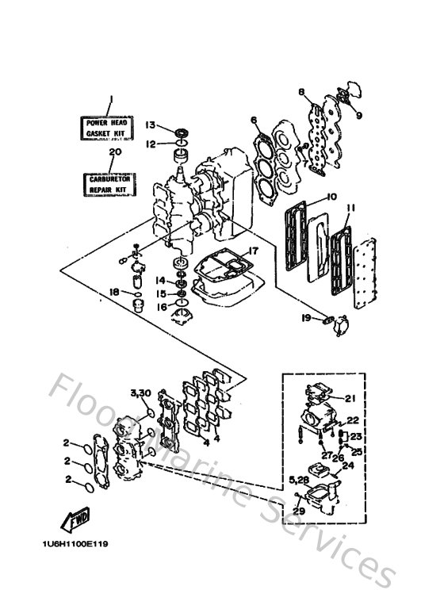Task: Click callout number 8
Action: click(x=301, y=92)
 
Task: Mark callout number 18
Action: click(x=114, y=292)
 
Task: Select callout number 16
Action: click(x=160, y=306)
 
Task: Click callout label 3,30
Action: click(x=140, y=393)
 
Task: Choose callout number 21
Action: click(x=350, y=398)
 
